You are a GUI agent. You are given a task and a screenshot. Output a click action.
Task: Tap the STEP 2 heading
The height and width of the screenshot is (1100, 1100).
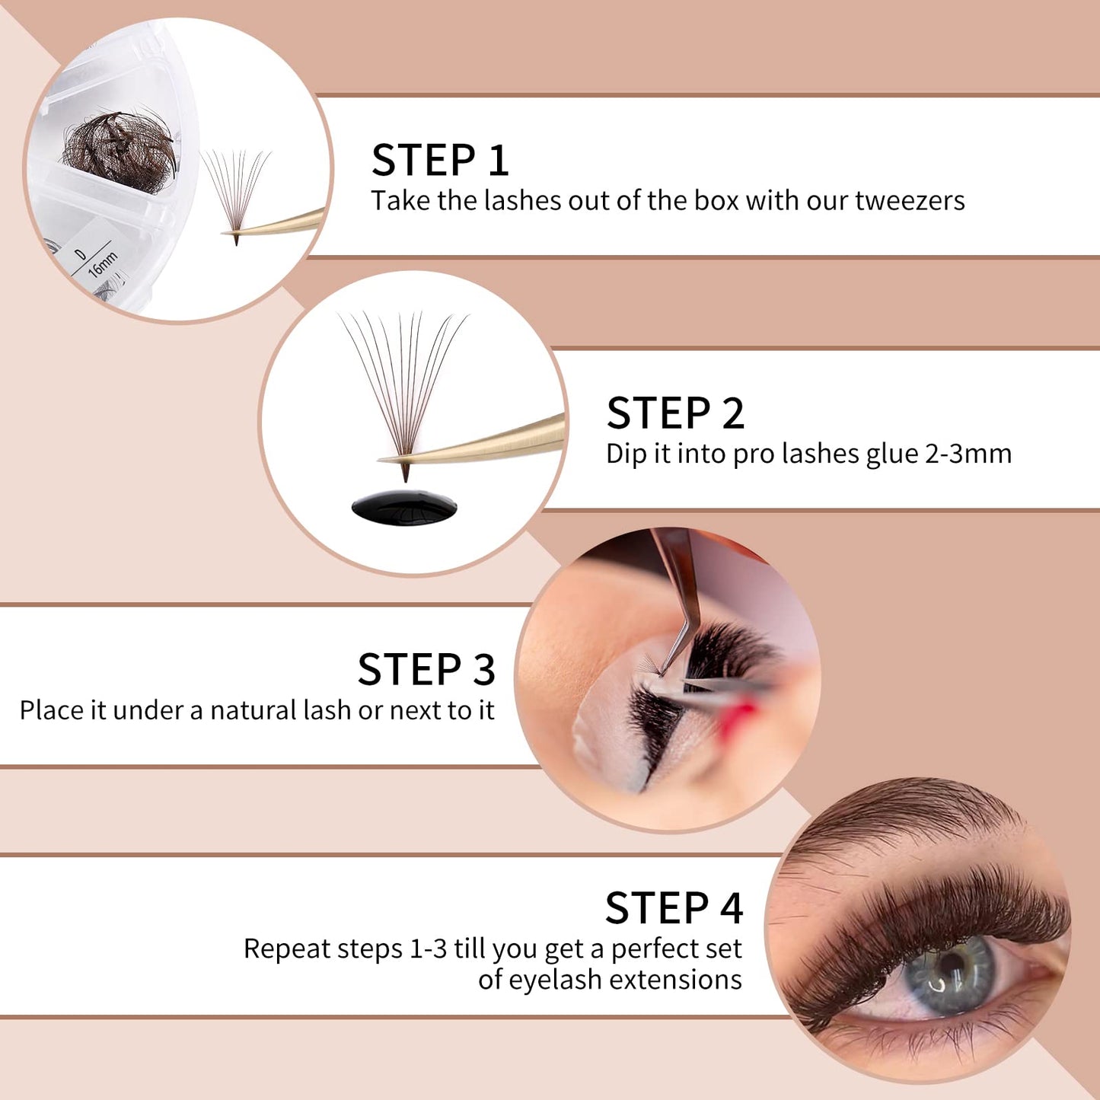click(x=675, y=413)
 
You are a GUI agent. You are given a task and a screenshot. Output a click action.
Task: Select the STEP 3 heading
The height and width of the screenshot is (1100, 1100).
click(x=426, y=670)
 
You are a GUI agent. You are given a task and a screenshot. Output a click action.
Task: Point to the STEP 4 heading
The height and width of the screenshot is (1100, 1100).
click(x=674, y=908)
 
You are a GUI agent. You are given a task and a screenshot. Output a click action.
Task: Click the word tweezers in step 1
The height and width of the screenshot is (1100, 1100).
click(x=910, y=201)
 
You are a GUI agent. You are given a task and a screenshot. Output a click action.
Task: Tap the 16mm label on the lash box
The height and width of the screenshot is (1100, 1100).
click(x=103, y=263)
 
